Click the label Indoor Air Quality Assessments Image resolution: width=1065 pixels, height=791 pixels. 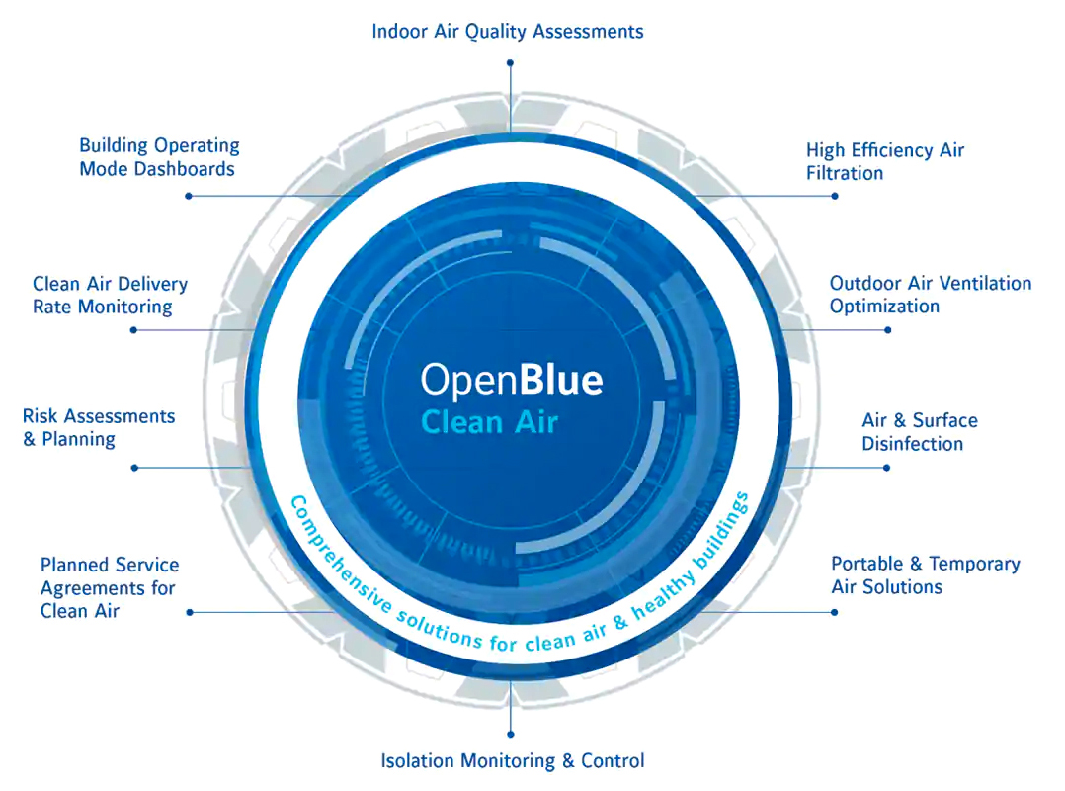[x=507, y=32]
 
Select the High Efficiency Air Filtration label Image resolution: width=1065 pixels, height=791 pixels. [x=884, y=161]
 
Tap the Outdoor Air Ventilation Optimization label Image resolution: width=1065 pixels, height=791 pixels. [x=930, y=295]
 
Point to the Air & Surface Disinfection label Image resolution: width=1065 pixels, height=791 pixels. [x=919, y=432]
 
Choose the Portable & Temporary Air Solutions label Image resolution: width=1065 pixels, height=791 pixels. [x=925, y=574]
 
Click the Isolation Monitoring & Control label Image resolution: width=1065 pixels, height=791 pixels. [x=512, y=760]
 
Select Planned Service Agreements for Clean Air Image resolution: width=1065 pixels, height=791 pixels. [x=109, y=587]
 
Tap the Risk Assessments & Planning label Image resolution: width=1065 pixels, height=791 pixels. [x=98, y=427]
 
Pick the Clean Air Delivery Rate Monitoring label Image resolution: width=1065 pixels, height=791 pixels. [x=109, y=295]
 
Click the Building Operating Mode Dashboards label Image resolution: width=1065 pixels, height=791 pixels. [x=158, y=157]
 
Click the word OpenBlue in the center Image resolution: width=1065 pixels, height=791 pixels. [x=511, y=380]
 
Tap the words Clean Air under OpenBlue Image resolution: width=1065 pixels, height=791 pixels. [x=489, y=423]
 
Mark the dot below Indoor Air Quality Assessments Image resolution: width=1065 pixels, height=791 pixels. [x=510, y=61]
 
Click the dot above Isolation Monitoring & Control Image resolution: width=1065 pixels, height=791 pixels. [x=510, y=734]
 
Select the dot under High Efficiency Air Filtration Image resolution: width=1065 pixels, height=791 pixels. [x=835, y=196]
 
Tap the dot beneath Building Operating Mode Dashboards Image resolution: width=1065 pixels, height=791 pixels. [x=188, y=196]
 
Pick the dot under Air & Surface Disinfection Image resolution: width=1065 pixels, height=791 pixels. [x=887, y=467]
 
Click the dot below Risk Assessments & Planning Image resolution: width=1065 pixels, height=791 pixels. [x=134, y=467]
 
